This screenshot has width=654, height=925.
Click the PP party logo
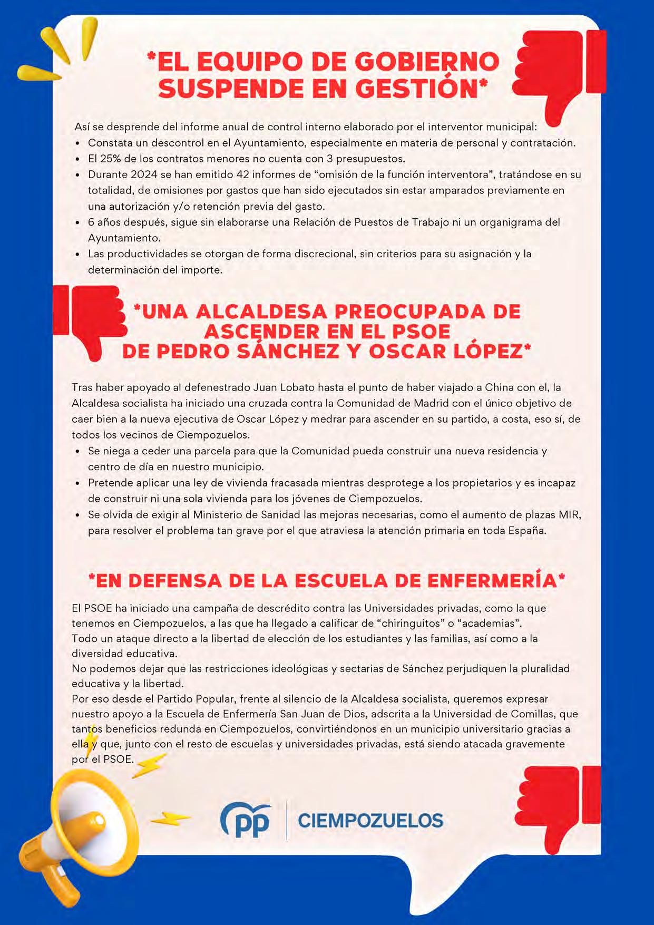coord(245,821)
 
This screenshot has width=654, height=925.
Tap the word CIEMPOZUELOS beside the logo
coord(370,821)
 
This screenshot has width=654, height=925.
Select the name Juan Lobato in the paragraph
coord(284,387)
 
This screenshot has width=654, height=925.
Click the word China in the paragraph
coord(499,387)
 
